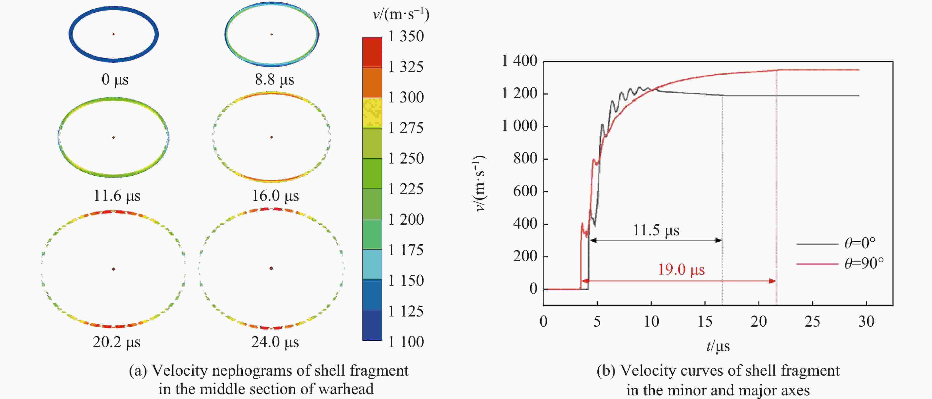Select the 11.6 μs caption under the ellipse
click(x=116, y=196)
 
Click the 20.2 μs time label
click(x=116, y=342)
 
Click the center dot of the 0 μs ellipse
click(x=114, y=34)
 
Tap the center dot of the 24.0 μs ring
click(x=271, y=268)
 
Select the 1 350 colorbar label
click(x=406, y=36)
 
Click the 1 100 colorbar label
click(x=406, y=342)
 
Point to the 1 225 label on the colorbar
click(x=406, y=189)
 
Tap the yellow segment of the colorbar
click(x=372, y=113)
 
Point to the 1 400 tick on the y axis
click(x=519, y=61)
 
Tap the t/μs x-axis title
click(x=718, y=346)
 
